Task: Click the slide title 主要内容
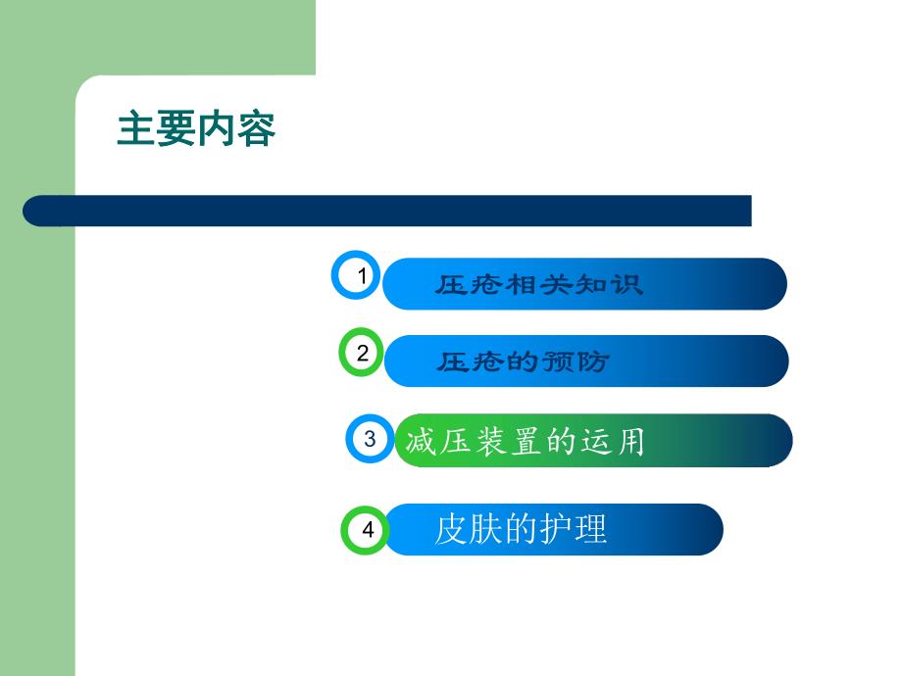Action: click(196, 129)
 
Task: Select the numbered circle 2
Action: click(363, 353)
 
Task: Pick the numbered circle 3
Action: click(370, 439)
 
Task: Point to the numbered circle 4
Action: click(367, 530)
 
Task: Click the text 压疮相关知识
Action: click(539, 285)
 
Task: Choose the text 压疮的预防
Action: click(523, 362)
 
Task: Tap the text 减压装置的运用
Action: click(526, 442)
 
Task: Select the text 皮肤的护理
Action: click(521, 530)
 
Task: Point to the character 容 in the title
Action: click(256, 129)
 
